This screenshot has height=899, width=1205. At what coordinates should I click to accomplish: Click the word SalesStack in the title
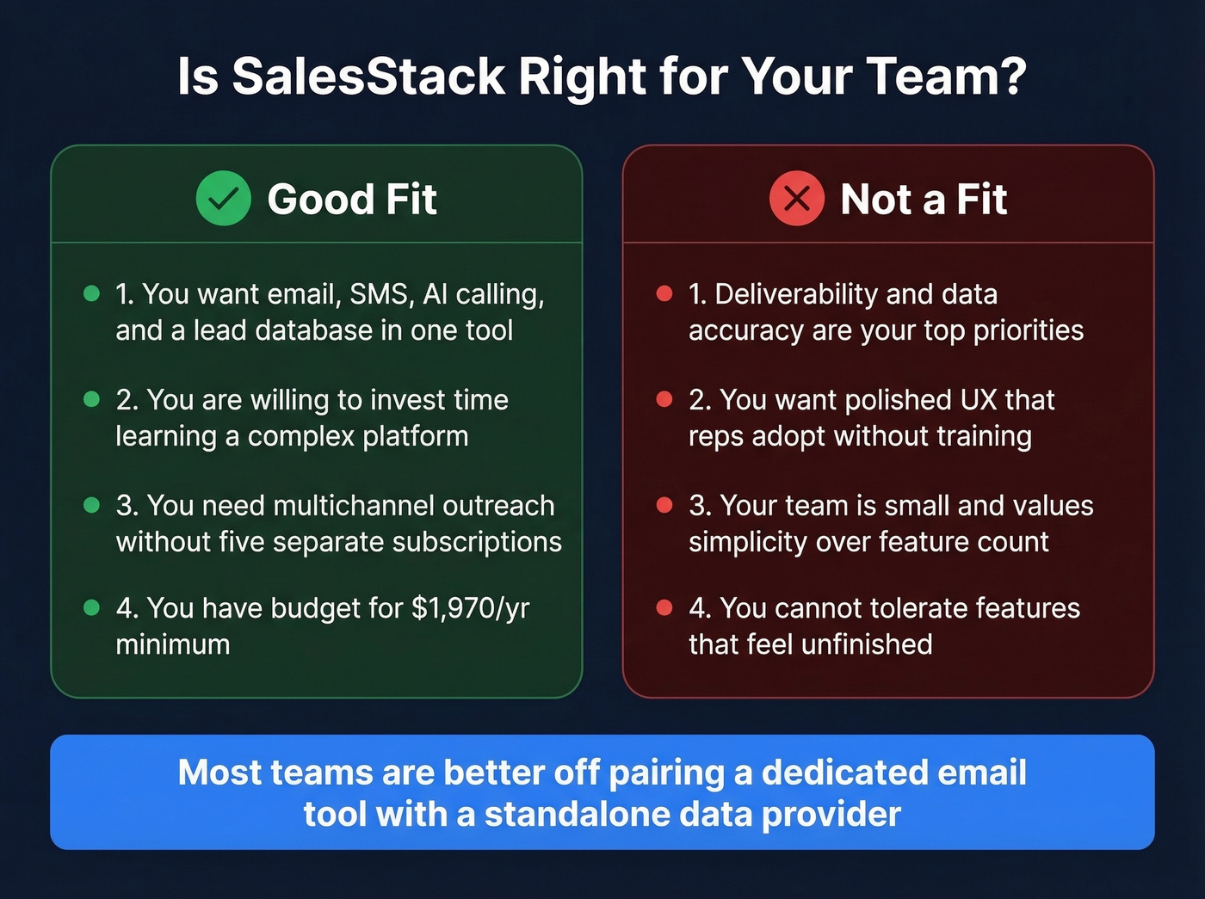click(368, 77)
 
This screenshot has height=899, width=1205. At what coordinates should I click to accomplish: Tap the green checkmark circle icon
click(223, 199)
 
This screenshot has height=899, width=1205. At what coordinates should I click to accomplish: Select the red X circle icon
click(796, 199)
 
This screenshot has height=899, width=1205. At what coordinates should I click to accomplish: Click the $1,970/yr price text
click(470, 608)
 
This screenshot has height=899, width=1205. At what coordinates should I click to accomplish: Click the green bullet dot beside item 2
click(92, 399)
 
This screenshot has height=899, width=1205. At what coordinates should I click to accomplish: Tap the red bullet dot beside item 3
click(664, 505)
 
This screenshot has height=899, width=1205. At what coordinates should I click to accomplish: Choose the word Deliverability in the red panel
click(795, 294)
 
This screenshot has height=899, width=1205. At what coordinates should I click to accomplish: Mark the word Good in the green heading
click(319, 200)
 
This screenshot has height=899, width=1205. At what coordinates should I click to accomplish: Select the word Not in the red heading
click(875, 200)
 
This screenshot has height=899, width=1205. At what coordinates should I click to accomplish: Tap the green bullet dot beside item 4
click(92, 608)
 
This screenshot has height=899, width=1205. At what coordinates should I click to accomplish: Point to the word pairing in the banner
click(666, 773)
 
